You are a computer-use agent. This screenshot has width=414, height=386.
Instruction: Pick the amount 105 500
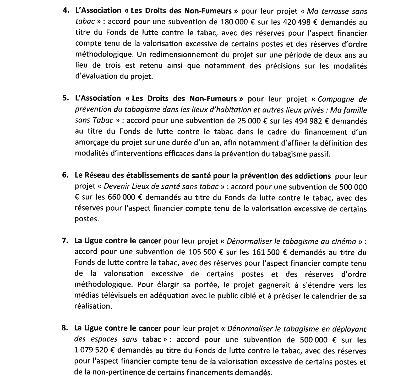point(202,252)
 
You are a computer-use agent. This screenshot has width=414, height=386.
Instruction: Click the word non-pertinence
point(122,372)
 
